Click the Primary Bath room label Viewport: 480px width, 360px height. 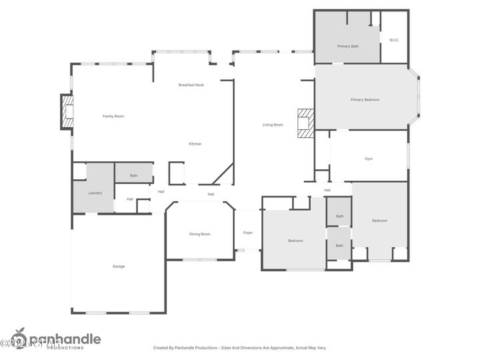pos(347,46)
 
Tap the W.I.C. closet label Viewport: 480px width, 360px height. pos(394,40)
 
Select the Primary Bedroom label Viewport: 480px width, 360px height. pos(365,99)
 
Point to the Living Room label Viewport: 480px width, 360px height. pos(273,125)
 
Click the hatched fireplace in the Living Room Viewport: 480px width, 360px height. pos(305,123)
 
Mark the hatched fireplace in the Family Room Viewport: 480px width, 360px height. pos(67,112)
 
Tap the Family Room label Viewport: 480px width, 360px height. pos(113,116)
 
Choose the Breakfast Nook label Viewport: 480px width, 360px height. pos(191,85)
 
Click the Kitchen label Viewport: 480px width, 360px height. pos(195,143)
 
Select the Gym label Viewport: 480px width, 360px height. pos(368,159)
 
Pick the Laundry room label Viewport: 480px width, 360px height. pos(95,193)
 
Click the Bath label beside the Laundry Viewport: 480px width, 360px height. pos(133,175)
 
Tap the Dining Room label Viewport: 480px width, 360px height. pos(199,234)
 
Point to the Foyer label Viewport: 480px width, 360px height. pos(247,233)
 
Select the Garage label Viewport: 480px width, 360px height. pos(118,266)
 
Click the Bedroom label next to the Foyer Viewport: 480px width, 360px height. pos(295,240)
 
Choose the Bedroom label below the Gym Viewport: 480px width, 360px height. pos(379,220)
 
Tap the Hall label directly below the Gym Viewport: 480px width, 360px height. pos(327,190)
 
